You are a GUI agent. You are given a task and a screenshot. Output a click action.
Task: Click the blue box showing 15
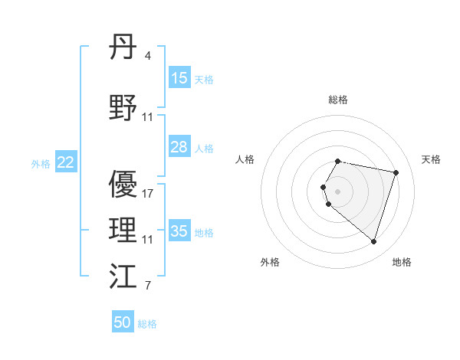coord(179,78)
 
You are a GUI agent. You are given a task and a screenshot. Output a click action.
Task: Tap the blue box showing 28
coord(179,147)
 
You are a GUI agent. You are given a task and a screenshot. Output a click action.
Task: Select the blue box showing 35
coord(179,231)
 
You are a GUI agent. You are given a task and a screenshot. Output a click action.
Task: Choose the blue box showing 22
coord(66,162)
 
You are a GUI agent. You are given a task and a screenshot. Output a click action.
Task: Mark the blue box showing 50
coord(123,322)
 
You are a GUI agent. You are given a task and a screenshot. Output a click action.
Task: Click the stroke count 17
coord(148,194)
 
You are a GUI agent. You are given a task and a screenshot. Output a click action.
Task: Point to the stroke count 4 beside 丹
coord(148,55)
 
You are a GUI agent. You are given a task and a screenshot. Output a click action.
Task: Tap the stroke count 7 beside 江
coord(148,286)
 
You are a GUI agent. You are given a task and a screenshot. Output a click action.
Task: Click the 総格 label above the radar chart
coord(338,100)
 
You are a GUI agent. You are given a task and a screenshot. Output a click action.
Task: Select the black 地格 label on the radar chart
coord(402,262)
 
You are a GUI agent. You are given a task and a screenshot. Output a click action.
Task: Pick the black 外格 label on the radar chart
coord(270,262)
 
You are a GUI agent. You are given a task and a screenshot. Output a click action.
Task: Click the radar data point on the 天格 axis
coord(396,172)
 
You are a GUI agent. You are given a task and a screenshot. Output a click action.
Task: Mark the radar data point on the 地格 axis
coord(373,241)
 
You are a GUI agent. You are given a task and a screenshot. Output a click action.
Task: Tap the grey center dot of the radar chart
coord(338,191)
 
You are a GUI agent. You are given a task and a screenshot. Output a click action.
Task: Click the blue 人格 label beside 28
coord(204,148)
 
